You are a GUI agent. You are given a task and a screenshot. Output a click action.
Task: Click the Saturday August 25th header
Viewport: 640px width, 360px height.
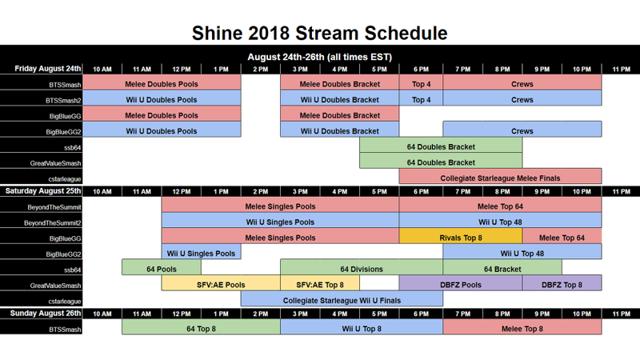click(x=43, y=191)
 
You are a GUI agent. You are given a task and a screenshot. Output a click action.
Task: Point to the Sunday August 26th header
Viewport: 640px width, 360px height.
click(x=46, y=314)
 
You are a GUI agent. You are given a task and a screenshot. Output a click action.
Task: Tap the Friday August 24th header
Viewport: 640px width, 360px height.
click(x=48, y=69)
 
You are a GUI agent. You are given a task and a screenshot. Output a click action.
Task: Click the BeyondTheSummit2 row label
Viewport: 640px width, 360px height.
click(x=52, y=223)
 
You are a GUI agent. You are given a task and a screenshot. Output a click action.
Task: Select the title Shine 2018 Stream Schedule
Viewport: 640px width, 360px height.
click(x=319, y=33)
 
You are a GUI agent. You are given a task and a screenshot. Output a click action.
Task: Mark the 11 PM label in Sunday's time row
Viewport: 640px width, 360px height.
click(x=622, y=314)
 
